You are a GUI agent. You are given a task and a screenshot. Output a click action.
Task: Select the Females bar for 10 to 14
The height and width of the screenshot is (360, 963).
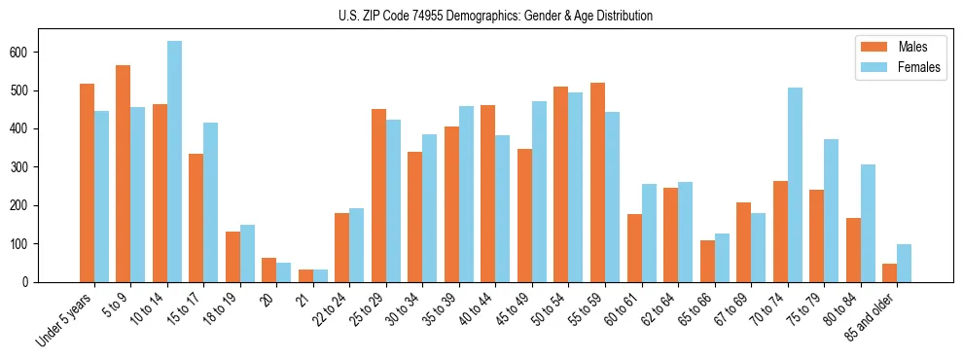pos(174,162)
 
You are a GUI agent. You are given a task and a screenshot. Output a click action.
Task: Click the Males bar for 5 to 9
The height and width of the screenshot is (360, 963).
pos(124,173)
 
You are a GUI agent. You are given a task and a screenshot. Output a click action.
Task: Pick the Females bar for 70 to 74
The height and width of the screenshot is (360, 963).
pos(795,185)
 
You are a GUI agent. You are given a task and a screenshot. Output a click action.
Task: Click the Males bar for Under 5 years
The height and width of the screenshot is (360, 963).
pos(87,183)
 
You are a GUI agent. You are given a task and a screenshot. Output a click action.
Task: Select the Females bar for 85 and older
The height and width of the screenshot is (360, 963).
pos(904,263)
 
